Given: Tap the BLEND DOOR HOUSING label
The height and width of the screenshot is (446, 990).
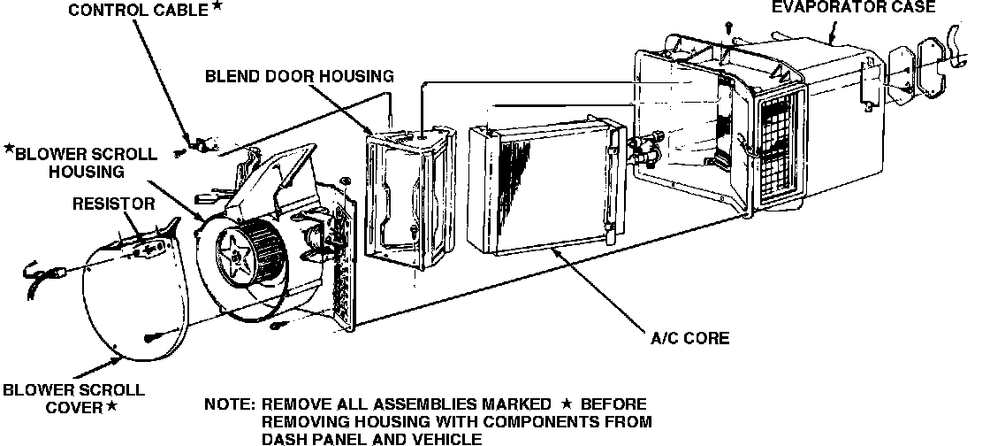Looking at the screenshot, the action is pos(299,75).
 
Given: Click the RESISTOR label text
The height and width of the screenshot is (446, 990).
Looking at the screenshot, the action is pos(114,204).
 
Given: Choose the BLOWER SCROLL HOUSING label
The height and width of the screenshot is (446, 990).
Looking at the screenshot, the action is pos(85,162).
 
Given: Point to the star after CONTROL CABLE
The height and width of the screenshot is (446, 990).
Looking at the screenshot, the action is pos(217,7).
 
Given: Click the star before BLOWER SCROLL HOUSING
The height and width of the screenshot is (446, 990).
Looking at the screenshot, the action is pos(9,148).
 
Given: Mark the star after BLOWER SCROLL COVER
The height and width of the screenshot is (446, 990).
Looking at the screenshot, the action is pos(111,407).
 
